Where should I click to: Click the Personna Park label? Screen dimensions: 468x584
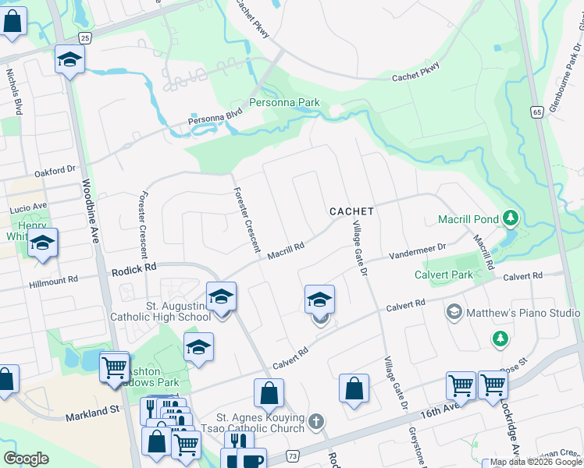(x=284, y=102)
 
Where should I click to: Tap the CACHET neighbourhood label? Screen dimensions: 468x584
(x=351, y=211)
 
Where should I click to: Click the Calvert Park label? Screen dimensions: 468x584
(x=445, y=275)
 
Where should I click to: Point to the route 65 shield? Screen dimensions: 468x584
(x=536, y=112)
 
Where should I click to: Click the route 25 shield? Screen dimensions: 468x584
(x=84, y=37)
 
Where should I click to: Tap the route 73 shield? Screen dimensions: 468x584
(x=293, y=455)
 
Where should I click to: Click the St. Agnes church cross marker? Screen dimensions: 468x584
(x=316, y=422)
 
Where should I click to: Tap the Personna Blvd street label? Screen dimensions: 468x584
(x=215, y=119)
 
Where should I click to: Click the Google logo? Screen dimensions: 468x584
(x=26, y=459)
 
